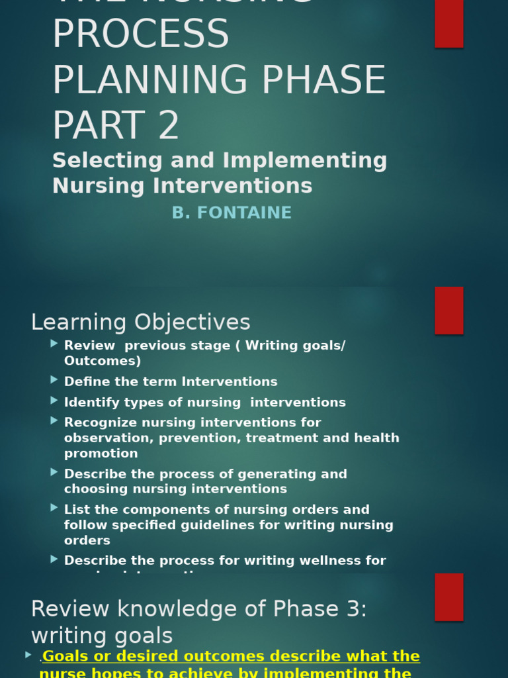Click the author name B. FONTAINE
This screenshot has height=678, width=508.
coord(232,213)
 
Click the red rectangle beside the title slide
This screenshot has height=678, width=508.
coord(448,23)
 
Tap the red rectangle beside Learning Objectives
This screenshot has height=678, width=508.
coord(448,311)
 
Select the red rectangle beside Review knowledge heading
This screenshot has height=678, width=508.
coord(448,597)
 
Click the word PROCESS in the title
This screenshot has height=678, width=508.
coord(140,34)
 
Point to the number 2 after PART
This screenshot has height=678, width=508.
coord(169,126)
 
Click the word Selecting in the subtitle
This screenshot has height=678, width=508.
coord(98,161)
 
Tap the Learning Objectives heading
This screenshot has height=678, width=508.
coord(140,322)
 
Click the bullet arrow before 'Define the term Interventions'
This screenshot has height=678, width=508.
coord(54,380)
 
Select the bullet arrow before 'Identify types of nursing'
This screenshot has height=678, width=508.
coord(54,401)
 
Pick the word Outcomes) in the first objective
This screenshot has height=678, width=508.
coord(103,361)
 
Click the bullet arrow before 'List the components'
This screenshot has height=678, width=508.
coord(54,508)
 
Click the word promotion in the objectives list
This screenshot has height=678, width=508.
coord(101,454)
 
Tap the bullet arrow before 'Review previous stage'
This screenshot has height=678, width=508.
coord(54,344)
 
